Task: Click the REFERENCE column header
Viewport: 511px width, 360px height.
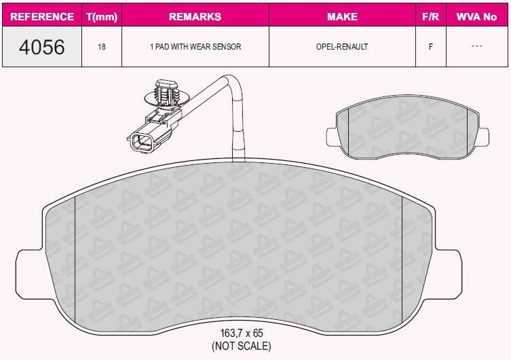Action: [42, 16]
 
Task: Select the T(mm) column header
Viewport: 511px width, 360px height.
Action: [102, 16]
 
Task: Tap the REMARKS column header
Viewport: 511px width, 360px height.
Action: [195, 16]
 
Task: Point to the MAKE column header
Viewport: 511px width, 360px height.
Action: [342, 16]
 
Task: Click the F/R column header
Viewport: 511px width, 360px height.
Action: [430, 16]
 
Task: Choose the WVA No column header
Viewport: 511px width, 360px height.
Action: [476, 16]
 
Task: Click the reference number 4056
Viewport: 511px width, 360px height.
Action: [41, 47]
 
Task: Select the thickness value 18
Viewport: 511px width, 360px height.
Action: [102, 47]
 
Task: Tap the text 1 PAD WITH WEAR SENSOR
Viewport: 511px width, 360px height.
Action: [195, 47]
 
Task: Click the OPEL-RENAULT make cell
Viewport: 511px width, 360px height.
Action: [342, 47]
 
